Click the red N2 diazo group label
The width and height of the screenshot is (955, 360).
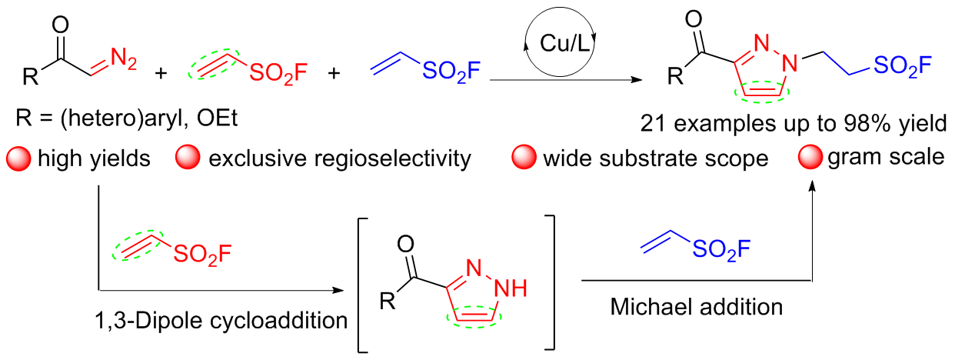[124, 58]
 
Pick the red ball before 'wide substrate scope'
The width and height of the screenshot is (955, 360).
[524, 158]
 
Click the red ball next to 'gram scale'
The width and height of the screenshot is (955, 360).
[810, 158]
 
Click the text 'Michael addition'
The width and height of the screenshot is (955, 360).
[697, 307]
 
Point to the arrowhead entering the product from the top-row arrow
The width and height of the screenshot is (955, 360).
[637, 80]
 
